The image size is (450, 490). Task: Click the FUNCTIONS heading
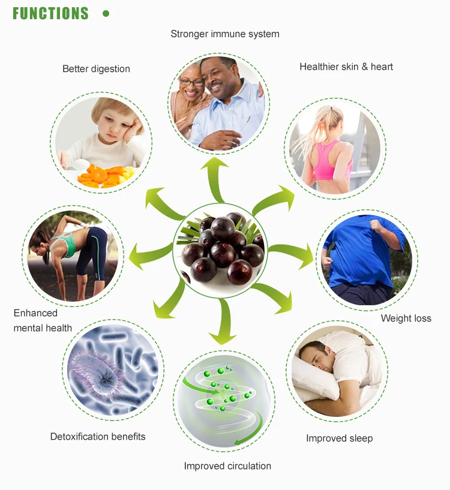coord(50,13)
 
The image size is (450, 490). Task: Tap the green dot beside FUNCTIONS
coord(106,13)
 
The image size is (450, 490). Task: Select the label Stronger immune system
coord(225,34)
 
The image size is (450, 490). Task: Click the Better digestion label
coord(96,69)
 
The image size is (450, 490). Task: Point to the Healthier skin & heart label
coord(346,67)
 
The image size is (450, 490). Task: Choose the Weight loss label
coord(406,318)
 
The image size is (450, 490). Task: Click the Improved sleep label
coord(339,438)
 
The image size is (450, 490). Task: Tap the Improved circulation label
coord(227,466)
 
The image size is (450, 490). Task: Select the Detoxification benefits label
coord(98,437)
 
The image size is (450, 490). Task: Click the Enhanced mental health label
coord(43,320)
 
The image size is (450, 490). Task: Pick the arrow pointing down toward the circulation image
coord(224,322)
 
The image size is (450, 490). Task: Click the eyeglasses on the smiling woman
coord(191,82)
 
